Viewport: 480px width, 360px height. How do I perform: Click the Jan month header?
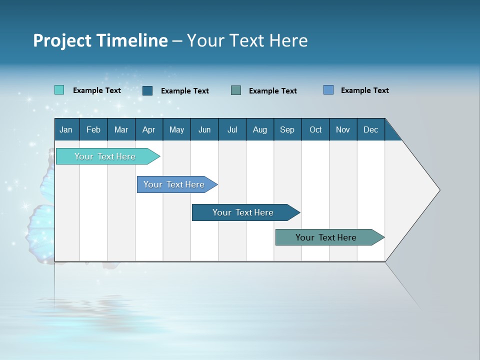[66, 129]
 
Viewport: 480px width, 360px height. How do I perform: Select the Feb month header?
[93, 129]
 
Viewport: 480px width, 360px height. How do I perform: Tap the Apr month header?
[148, 129]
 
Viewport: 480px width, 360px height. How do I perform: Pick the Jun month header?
[204, 129]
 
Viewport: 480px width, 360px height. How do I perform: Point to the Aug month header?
[259, 129]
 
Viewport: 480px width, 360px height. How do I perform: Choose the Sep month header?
[287, 129]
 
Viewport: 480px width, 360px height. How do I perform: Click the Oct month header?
[315, 129]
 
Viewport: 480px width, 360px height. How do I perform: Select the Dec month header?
[370, 129]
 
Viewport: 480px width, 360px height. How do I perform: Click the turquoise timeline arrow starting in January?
[105, 156]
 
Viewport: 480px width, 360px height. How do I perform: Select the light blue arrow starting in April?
[174, 184]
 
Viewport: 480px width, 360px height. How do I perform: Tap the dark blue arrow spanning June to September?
[243, 212]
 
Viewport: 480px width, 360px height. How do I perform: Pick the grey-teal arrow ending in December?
[326, 237]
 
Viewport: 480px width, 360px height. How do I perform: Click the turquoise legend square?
[59, 90]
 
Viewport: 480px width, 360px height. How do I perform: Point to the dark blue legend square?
[147, 90]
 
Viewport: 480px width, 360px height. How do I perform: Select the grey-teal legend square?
[235, 90]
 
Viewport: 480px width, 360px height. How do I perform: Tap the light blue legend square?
[328, 90]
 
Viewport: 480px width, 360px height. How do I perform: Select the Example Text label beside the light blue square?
[364, 90]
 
